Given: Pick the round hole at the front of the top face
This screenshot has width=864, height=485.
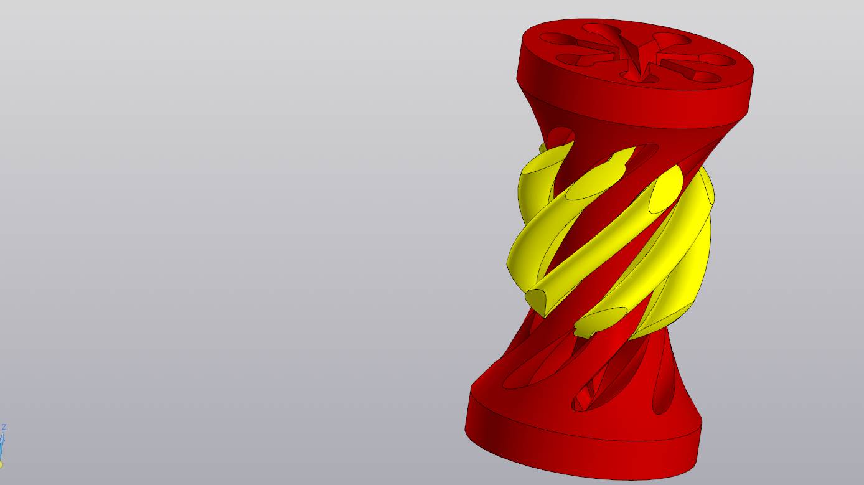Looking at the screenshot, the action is [x=639, y=77].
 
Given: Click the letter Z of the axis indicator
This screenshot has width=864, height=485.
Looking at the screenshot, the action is [x=4, y=427].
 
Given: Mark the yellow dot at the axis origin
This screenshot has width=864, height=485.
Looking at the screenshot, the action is [x=1, y=464].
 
